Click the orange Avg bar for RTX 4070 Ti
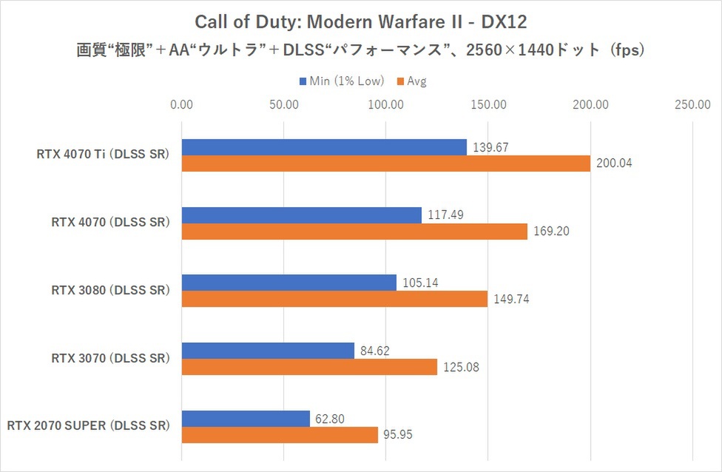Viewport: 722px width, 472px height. click(x=385, y=163)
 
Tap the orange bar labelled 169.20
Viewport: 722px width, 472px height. click(x=354, y=232)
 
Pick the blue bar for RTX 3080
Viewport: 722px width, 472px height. click(x=289, y=283)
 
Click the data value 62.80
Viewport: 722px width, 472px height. click(x=333, y=418)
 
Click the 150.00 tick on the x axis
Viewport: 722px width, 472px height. click(x=487, y=104)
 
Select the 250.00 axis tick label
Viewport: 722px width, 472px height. click(x=692, y=104)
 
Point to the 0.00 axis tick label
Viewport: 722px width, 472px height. click(x=181, y=104)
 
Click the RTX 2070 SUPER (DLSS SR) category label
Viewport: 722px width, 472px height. click(x=89, y=426)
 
